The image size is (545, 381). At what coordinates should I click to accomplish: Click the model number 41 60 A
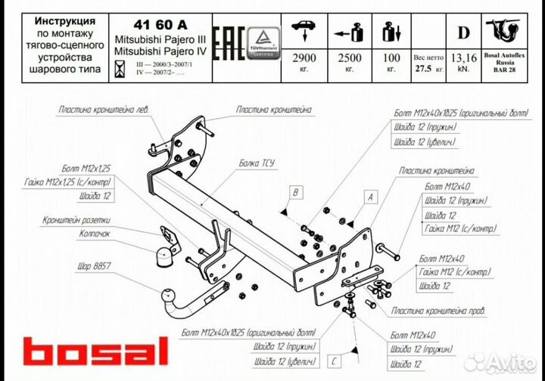[x=149, y=22]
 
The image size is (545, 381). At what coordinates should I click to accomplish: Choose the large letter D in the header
[x=462, y=32]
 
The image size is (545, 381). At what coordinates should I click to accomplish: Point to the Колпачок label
[x=99, y=234]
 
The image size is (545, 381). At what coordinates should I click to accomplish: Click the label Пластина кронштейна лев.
[x=104, y=110]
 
